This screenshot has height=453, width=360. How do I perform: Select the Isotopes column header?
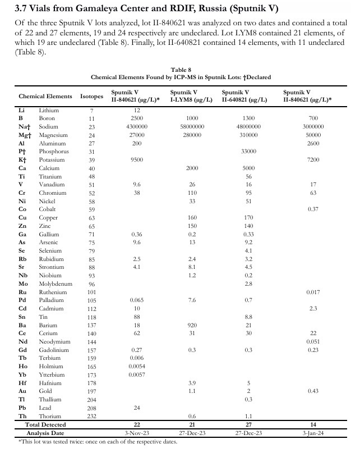[91, 96]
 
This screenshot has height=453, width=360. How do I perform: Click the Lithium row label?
[49, 110]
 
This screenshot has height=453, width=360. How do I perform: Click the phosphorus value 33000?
[248, 152]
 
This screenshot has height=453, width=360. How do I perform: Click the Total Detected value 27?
[248, 424]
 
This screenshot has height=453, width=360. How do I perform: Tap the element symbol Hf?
[22, 383]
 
